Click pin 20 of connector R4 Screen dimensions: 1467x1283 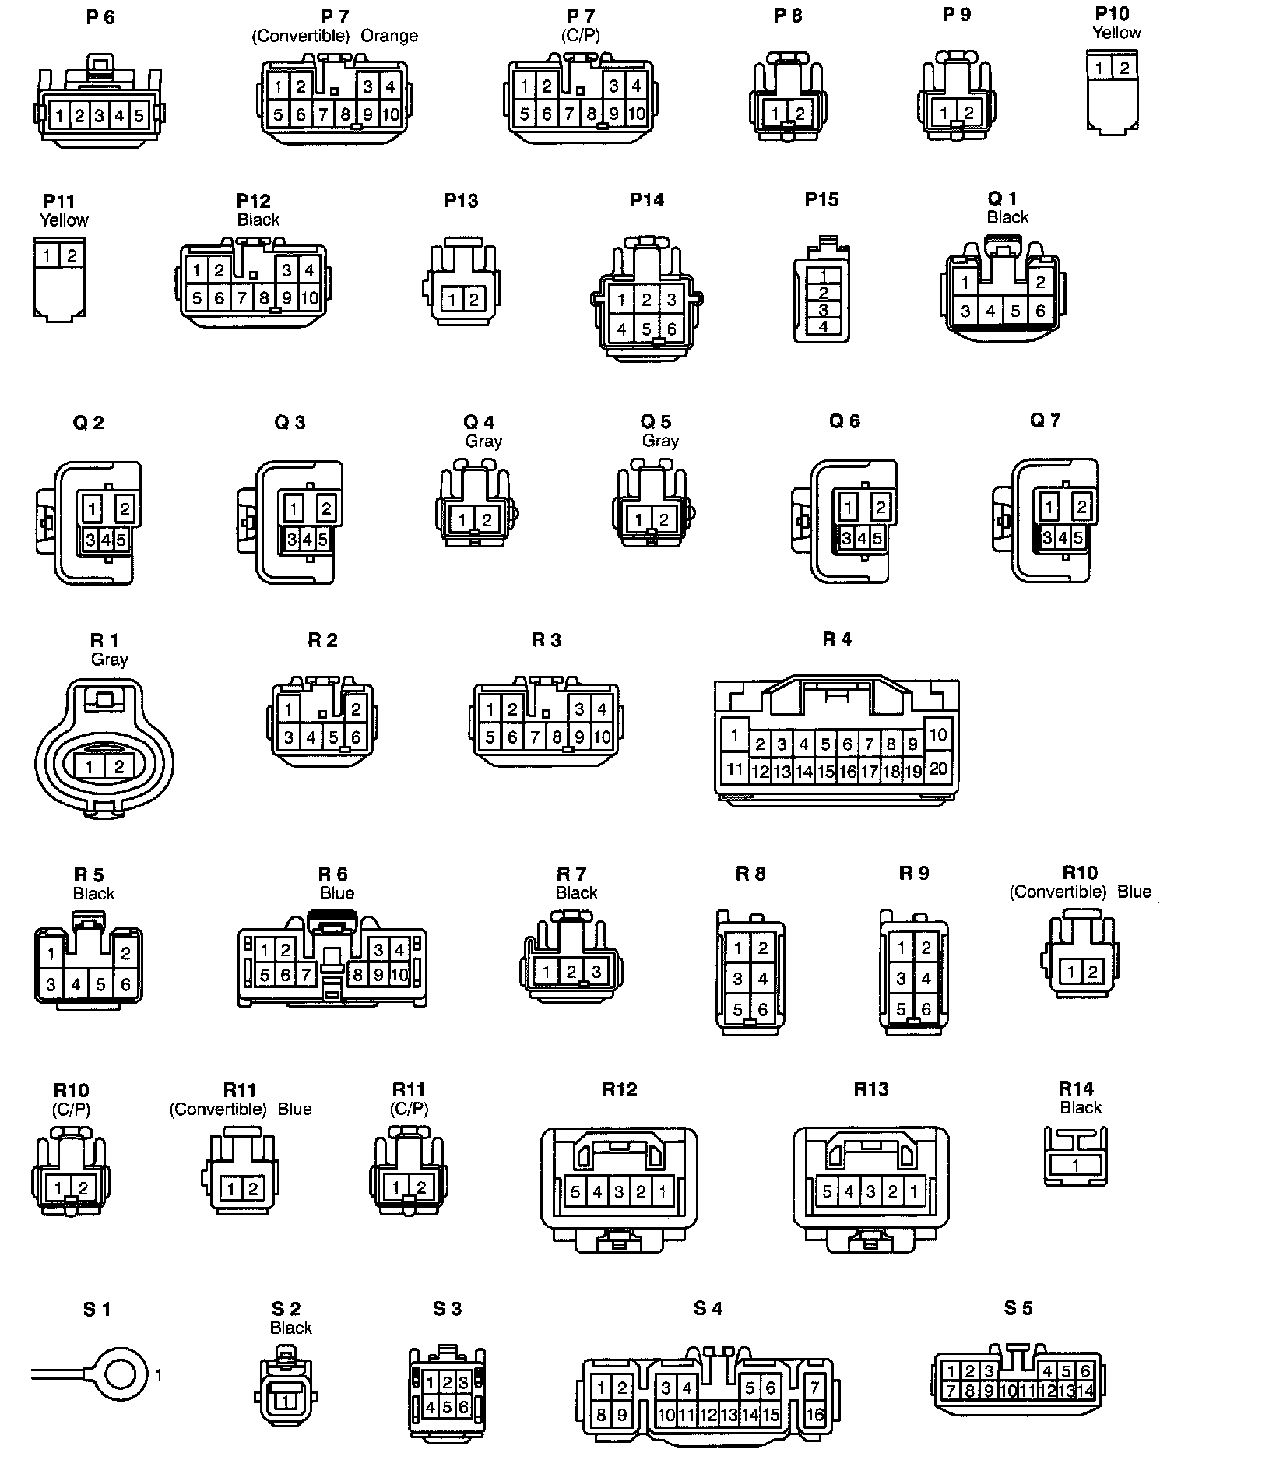[938, 769]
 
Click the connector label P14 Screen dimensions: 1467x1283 [646, 201]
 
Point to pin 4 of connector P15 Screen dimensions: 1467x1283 [824, 327]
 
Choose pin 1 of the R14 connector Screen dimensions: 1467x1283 [1075, 1166]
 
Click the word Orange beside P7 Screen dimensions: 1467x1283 [389, 37]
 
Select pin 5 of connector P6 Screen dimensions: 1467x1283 [139, 116]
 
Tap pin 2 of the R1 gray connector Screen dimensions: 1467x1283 [118, 767]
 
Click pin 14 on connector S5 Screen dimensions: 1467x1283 [1085, 1391]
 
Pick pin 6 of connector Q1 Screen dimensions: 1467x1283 [1040, 311]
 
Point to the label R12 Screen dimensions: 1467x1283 [620, 1089]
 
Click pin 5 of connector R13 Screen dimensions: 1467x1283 [827, 1191]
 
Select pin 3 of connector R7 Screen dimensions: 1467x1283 [596, 972]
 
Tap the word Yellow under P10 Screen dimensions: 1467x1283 [1116, 33]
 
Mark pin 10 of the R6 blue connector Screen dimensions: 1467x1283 [399, 974]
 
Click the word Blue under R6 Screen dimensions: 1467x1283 [337, 893]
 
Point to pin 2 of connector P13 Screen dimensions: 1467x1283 [473, 300]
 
